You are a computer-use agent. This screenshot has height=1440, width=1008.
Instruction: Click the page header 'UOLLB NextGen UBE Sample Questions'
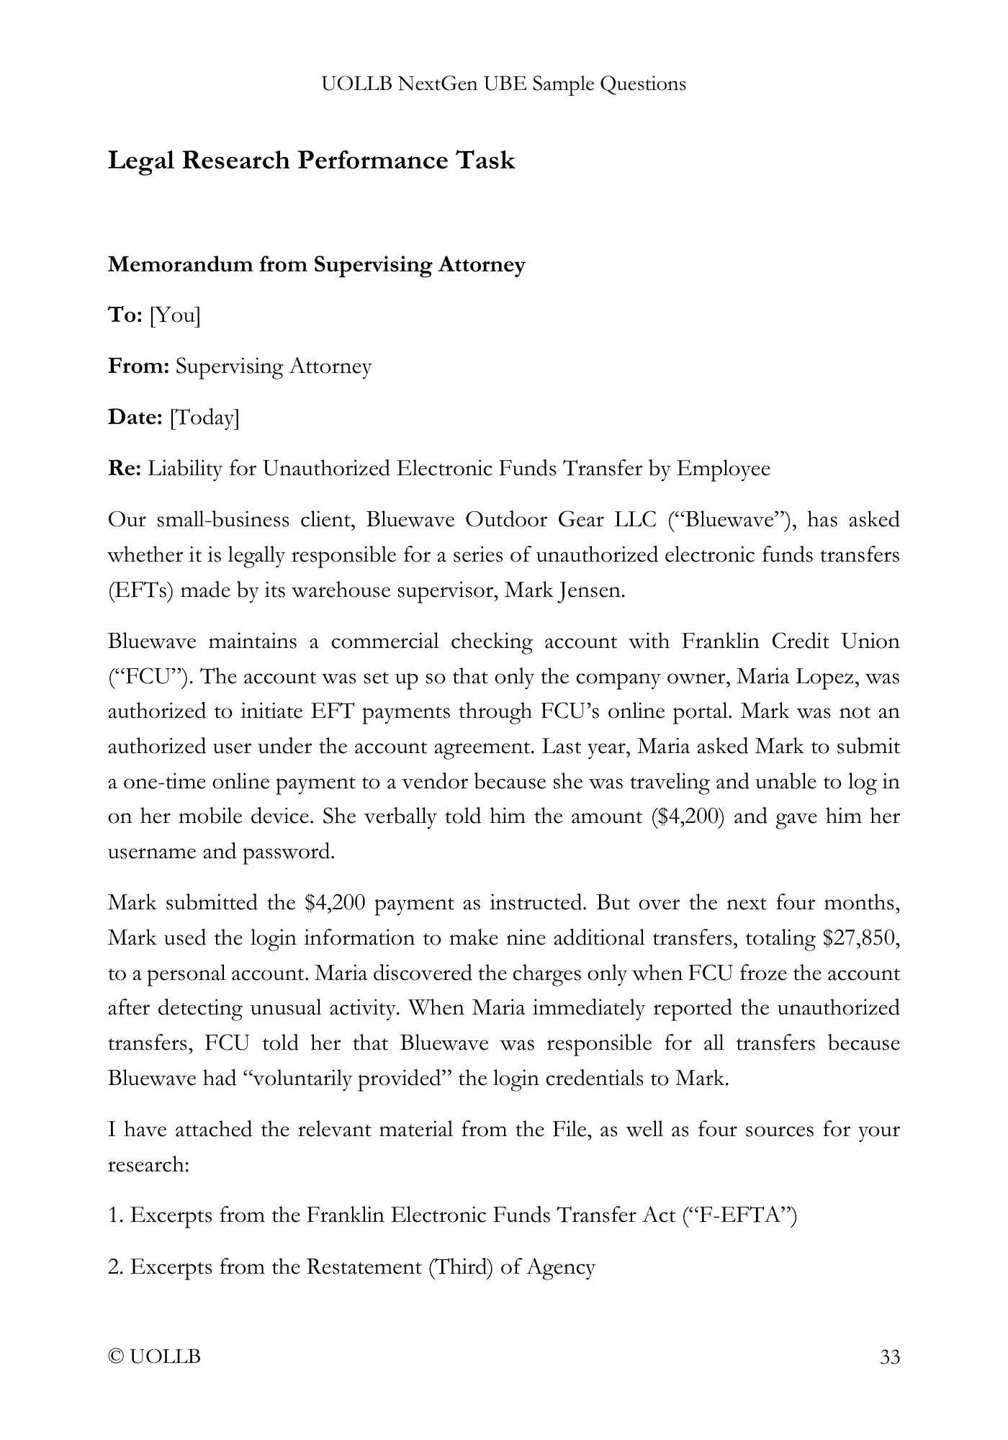pos(503,84)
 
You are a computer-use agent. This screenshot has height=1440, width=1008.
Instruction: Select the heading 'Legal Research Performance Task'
pos(311,160)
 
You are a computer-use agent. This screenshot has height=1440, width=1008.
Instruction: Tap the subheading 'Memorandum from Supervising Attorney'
pos(316,265)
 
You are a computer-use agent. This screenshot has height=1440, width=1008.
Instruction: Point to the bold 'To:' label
pos(125,315)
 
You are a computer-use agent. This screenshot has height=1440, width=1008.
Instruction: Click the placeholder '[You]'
pos(175,315)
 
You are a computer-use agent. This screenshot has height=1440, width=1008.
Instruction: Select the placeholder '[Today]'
pos(204,418)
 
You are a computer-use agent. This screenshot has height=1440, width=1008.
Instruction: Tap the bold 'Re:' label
pos(125,469)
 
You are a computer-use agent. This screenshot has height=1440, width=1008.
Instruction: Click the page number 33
pos(890,1357)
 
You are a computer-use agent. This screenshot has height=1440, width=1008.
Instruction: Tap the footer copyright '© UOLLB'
pos(154,1357)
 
